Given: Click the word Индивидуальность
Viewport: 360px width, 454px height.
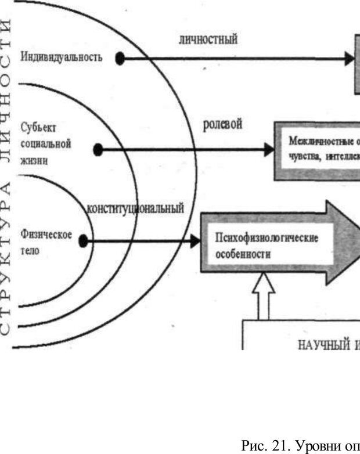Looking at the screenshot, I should coord(62,57).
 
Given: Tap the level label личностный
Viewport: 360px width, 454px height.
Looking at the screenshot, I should coord(208,39).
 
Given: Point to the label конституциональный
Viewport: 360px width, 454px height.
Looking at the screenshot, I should coord(135,208).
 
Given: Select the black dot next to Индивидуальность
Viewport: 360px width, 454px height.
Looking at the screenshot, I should coord(120,58).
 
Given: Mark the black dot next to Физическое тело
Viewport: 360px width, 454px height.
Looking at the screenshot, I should coord(84,240).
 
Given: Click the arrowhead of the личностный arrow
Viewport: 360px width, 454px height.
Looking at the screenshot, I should coord(348,58).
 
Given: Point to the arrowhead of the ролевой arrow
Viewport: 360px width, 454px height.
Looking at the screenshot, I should coord(268,150).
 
